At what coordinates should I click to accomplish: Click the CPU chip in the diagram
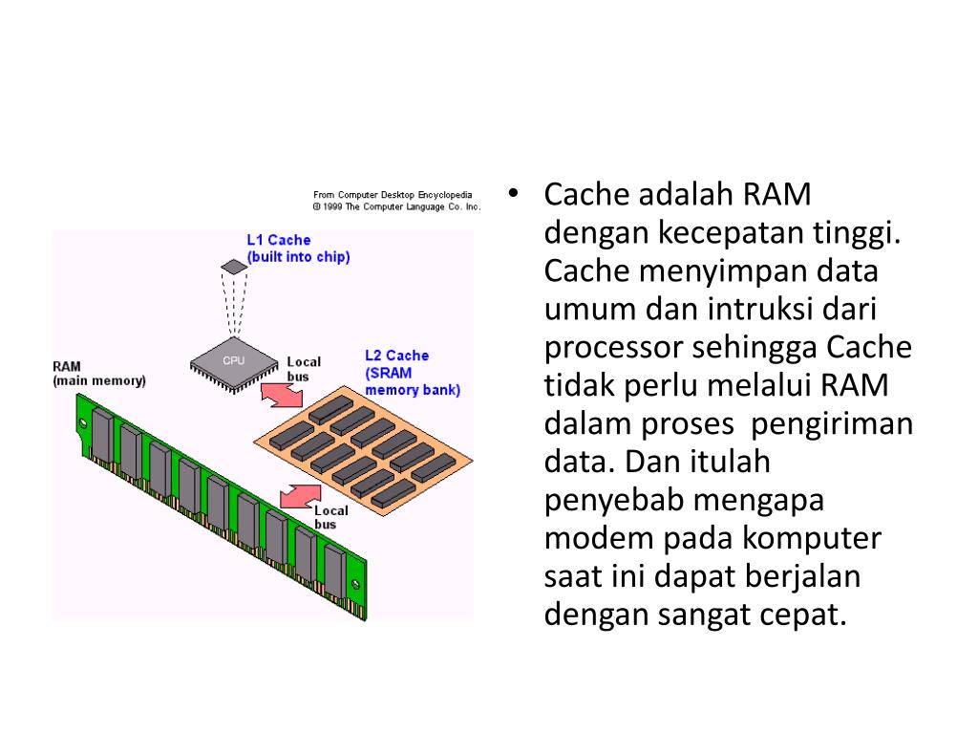233,361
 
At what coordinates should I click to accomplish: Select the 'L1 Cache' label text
279,240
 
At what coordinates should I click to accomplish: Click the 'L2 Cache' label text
397,356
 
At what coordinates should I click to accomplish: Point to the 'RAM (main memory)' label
99,374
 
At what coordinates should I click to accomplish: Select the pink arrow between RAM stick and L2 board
300,495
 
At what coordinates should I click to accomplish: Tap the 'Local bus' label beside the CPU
304,369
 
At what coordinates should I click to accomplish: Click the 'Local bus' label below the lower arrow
330,517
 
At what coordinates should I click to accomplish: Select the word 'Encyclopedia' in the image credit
444,195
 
